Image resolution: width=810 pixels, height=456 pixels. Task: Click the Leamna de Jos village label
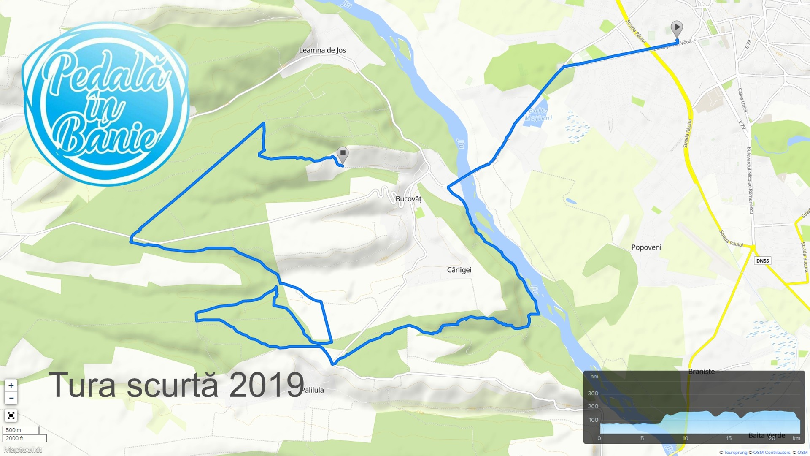pyautogui.click(x=322, y=50)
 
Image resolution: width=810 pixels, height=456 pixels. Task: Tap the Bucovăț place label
pyautogui.click(x=408, y=199)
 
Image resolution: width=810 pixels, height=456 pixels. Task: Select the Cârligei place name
pyautogui.click(x=459, y=270)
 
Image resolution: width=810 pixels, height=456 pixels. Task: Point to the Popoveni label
pyautogui.click(x=646, y=247)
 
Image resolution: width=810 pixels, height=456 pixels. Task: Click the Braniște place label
pyautogui.click(x=701, y=372)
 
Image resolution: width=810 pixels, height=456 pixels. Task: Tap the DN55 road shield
pyautogui.click(x=762, y=261)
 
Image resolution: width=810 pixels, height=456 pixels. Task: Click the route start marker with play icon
pyautogui.click(x=677, y=28)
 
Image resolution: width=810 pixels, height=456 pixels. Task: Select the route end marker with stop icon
pyautogui.click(x=343, y=154)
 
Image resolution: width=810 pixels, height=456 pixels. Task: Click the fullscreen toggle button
pyautogui.click(x=11, y=415)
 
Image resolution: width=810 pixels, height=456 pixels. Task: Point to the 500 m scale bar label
pyautogui.click(x=13, y=430)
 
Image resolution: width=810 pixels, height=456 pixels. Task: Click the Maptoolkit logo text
pyautogui.click(x=23, y=450)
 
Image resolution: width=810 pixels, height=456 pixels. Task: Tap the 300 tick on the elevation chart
pyautogui.click(x=593, y=394)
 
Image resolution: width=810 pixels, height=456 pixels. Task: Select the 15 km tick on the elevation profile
pyautogui.click(x=729, y=438)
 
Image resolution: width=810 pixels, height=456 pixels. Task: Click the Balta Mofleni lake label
pyautogui.click(x=538, y=114)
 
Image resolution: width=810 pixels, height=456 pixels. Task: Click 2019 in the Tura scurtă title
pyautogui.click(x=267, y=385)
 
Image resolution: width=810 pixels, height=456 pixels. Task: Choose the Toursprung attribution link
pyautogui.click(x=735, y=453)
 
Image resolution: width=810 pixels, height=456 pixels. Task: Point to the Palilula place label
pyautogui.click(x=313, y=390)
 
